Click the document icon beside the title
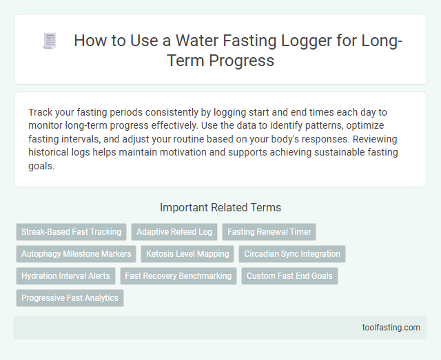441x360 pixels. coord(49,41)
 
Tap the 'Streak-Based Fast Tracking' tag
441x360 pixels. coord(71,232)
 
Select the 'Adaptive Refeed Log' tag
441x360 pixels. coord(174,232)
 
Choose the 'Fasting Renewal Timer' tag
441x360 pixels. coord(269,232)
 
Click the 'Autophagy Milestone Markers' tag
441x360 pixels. coord(76,254)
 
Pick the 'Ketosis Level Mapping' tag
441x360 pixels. coord(187,254)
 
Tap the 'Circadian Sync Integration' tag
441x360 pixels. coord(292,254)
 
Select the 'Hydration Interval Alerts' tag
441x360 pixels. coord(65,276)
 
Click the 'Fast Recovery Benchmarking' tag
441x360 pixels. coord(178,276)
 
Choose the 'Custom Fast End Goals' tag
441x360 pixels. coord(289,276)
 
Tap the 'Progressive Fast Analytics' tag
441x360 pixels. coord(70,298)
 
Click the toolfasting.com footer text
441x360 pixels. coord(392,328)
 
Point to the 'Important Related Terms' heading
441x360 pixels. coord(220,207)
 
